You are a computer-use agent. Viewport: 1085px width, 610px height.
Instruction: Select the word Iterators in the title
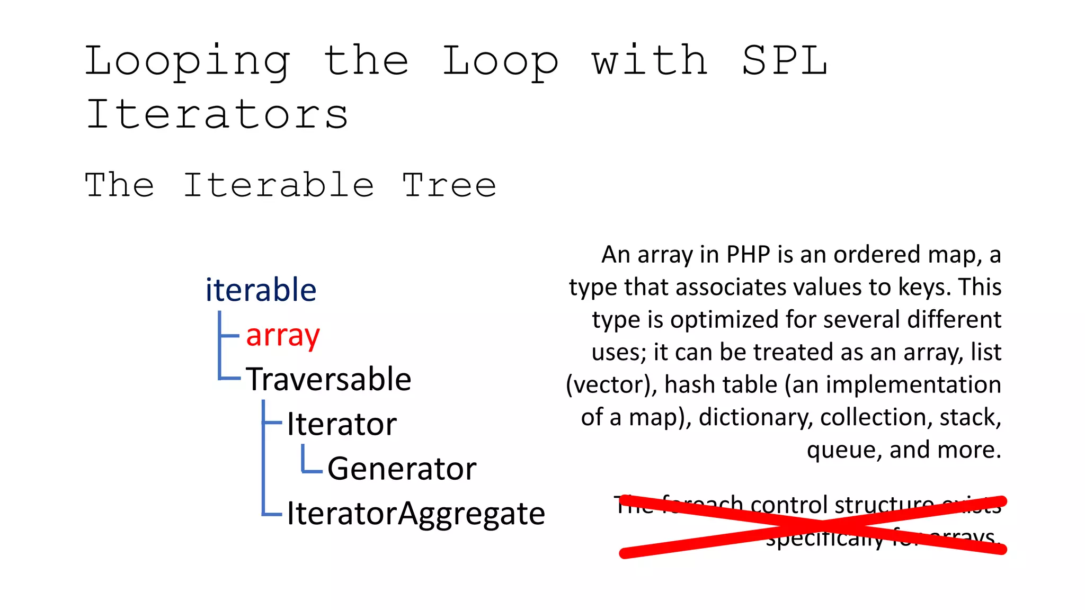tap(217, 115)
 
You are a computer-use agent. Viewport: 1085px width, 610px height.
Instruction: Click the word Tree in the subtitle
tap(449, 185)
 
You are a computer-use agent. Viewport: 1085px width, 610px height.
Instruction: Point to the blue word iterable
tap(261, 290)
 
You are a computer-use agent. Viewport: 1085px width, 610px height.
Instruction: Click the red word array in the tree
tap(283, 336)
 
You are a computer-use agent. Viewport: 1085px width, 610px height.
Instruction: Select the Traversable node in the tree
tap(328, 379)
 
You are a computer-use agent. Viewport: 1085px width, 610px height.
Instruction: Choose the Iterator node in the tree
tap(342, 424)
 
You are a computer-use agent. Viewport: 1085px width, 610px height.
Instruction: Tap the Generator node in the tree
tap(402, 469)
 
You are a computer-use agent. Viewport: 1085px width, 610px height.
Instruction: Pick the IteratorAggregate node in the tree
tap(416, 513)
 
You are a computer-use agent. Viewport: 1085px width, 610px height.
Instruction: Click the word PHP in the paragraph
tap(748, 255)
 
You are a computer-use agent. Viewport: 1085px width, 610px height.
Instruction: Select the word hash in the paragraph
tap(693, 384)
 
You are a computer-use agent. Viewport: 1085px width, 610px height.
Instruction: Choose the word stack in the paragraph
tap(970, 417)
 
